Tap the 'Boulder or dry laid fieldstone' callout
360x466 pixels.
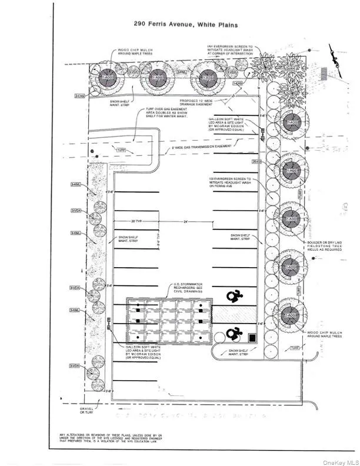[323, 245]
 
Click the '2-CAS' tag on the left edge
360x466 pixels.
[79, 95]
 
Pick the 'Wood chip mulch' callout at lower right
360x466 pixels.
[323, 334]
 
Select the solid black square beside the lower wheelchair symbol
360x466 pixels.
[252, 338]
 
